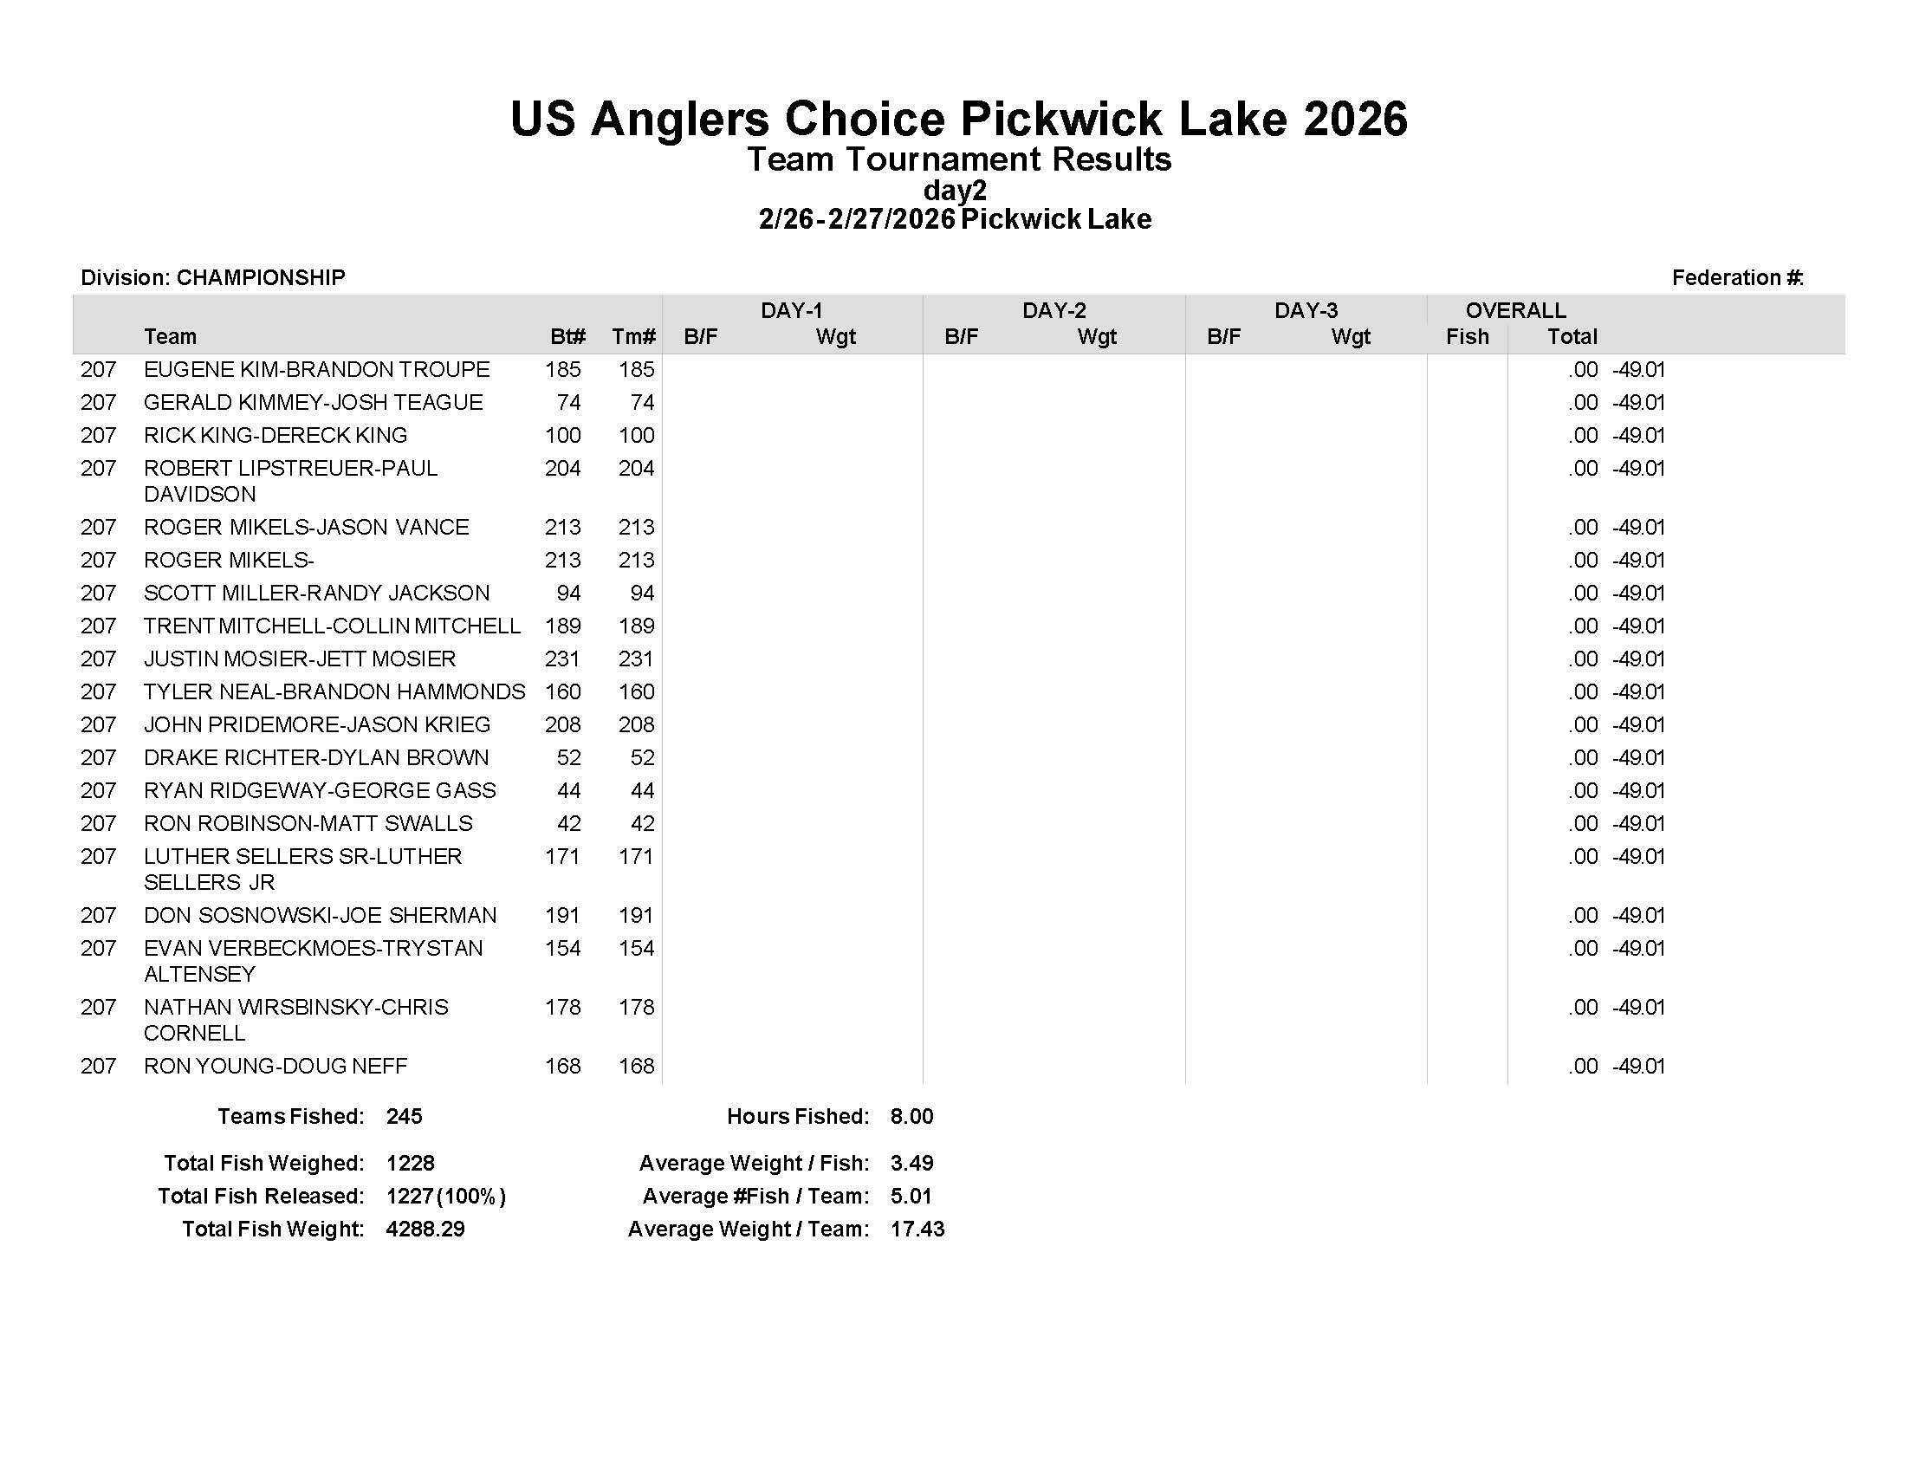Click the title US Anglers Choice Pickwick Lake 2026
pyautogui.click(x=958, y=119)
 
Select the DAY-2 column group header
pyautogui.click(x=1053, y=310)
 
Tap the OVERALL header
pyautogui.click(x=1515, y=310)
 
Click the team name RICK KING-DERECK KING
pyautogui.click(x=275, y=435)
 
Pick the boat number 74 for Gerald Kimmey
pyautogui.click(x=568, y=402)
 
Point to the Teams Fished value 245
pyautogui.click(x=404, y=1116)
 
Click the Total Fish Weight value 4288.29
pyautogui.click(x=425, y=1229)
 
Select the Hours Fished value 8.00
pyautogui.click(x=911, y=1116)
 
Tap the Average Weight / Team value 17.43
pyautogui.click(x=917, y=1229)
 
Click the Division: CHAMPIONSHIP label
pyautogui.click(x=213, y=277)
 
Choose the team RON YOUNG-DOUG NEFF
pyautogui.click(x=275, y=1066)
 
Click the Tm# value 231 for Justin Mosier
pyautogui.click(x=636, y=659)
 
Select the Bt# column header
pyautogui.click(x=567, y=337)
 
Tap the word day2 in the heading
pyautogui.click(x=955, y=190)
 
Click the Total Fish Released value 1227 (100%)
pyautogui.click(x=445, y=1196)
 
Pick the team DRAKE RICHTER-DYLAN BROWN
pyautogui.click(x=316, y=757)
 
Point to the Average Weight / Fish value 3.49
pyautogui.click(x=911, y=1163)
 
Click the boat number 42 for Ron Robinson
pyautogui.click(x=568, y=823)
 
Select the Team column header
pyautogui.click(x=170, y=337)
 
